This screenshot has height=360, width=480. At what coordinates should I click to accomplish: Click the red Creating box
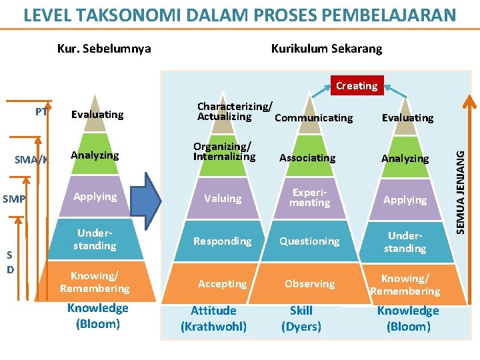click(356, 85)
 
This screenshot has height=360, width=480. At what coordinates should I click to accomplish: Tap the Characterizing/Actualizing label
click(235, 111)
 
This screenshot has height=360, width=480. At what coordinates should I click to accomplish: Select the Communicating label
click(313, 118)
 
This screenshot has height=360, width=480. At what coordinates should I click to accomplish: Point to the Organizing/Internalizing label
click(224, 151)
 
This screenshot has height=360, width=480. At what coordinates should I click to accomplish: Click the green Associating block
click(307, 158)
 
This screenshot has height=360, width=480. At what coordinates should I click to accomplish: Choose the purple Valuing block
click(223, 199)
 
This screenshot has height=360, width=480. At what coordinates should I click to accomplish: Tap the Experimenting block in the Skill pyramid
click(309, 199)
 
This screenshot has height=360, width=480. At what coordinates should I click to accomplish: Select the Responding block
click(223, 241)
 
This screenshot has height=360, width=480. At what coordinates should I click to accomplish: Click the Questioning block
click(309, 241)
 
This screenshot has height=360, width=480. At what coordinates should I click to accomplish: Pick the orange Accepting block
click(222, 283)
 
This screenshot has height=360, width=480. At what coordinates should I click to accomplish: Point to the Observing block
click(309, 283)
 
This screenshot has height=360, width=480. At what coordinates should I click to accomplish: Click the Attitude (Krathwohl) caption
click(213, 319)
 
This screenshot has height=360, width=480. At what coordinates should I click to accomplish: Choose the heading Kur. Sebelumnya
click(104, 49)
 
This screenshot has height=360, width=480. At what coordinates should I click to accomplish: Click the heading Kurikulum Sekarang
click(327, 49)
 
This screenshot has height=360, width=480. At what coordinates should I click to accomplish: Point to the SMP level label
click(14, 199)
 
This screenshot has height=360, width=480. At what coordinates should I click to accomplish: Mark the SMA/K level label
click(32, 159)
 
